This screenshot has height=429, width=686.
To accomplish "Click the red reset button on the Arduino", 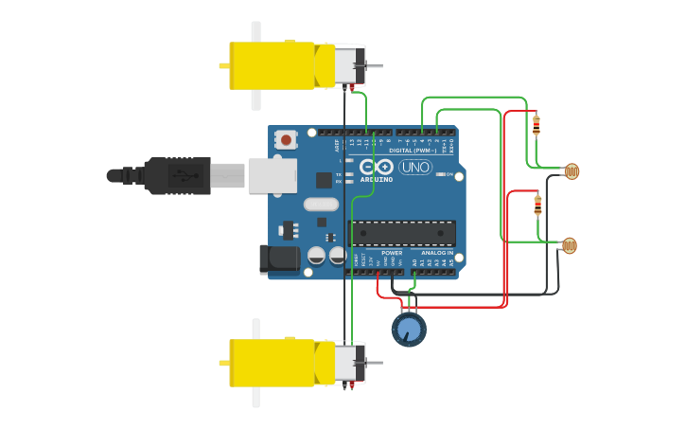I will (x=286, y=140).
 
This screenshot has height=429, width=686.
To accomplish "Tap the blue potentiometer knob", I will (x=409, y=330).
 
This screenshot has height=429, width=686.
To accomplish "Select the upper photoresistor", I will (x=571, y=171).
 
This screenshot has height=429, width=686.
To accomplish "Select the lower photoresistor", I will (x=568, y=245).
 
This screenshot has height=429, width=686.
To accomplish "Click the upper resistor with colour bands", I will (x=536, y=124).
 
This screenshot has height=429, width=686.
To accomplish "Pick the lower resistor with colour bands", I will (x=537, y=204).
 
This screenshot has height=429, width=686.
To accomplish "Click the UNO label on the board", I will (x=415, y=167).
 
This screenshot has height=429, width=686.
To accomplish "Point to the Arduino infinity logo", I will (x=377, y=167).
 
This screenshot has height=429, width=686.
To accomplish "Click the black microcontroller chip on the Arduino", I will (x=402, y=233).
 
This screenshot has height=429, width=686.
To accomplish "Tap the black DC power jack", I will (x=279, y=259).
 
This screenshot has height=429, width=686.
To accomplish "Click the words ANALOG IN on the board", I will (x=436, y=253).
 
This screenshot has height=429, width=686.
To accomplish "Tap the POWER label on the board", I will (x=392, y=253).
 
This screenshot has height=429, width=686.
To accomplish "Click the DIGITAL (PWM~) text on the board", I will (x=413, y=150).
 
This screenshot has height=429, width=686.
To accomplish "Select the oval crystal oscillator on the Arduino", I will (x=321, y=204).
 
